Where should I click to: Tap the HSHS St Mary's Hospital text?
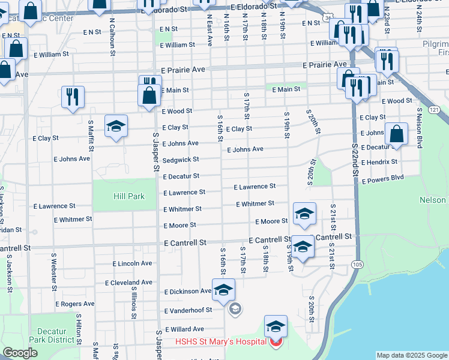220,342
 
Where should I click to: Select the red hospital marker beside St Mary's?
276,343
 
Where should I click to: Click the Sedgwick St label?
181,160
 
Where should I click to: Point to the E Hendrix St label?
379,162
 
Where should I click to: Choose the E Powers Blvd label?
382,178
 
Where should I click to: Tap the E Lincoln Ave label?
133,263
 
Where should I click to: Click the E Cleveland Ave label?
128,282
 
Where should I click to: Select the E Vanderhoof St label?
188,310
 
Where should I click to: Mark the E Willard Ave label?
184,329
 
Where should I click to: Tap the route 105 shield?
358,265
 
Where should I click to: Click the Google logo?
20,353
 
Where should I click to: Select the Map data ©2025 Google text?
412,355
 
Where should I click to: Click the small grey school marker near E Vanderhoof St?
235,310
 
